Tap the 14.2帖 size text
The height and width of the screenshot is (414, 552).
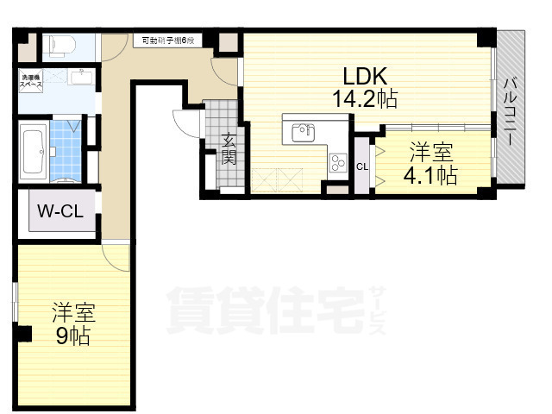click(x=366, y=98)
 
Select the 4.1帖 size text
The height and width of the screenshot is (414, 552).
click(x=431, y=176)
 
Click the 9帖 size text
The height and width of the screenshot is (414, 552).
click(x=72, y=335)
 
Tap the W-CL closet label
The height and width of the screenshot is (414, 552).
click(x=60, y=210)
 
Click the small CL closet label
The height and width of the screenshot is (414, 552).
click(x=361, y=166)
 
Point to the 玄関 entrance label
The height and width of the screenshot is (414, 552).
click(x=229, y=147)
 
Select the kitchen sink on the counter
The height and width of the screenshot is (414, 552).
click(x=303, y=133)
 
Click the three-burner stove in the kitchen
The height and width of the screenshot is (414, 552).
click(x=337, y=162)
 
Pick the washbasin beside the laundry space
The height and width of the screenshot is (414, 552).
click(x=82, y=80)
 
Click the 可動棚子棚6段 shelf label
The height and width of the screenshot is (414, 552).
click(x=169, y=40)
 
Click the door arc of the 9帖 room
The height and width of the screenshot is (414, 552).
click(x=114, y=254)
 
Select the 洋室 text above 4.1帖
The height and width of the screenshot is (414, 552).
click(x=430, y=154)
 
